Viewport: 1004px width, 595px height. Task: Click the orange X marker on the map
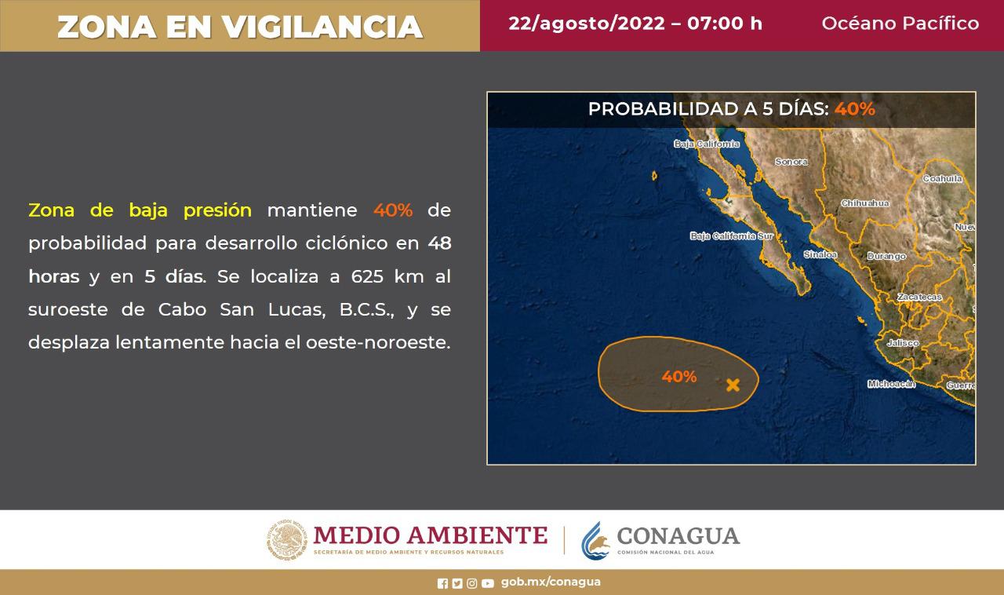pos(733,385)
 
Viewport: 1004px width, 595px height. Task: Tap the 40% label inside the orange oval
pos(678,377)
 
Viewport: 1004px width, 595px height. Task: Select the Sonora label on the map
pos(791,162)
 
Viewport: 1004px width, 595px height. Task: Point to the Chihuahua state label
pos(864,203)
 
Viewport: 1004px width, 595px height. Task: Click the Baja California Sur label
pos(732,235)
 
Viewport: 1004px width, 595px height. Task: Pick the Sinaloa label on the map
pos(820,254)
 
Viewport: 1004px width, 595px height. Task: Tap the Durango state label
pos(886,256)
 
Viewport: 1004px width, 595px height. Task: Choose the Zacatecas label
pos(919,297)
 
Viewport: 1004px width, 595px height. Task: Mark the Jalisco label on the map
pos(902,343)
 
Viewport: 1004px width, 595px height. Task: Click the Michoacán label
pos(891,384)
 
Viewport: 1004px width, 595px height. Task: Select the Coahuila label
pos(942,179)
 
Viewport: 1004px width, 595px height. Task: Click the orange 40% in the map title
pos(854,109)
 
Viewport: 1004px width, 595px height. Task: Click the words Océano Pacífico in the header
pos(900,24)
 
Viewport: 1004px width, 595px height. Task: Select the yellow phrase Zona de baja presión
pos(140,210)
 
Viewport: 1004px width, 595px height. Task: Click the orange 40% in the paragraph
pos(392,210)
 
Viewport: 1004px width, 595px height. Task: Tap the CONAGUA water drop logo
pos(595,540)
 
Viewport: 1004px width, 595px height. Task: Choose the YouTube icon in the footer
pos(488,583)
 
